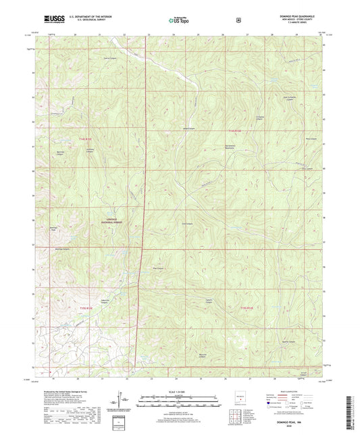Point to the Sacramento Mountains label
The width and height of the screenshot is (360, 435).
(x=234, y=148)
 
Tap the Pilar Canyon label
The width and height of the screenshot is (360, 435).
(x=161, y=269)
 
